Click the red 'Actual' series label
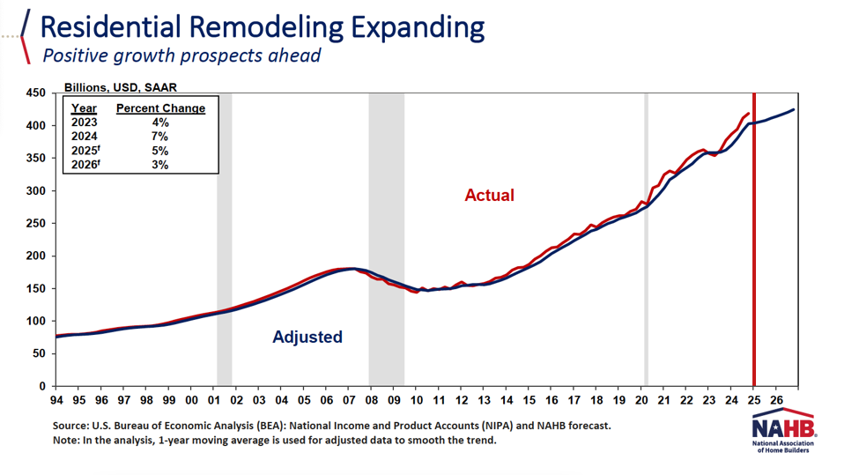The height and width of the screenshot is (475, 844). pyautogui.click(x=489, y=195)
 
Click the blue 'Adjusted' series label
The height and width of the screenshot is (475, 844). pyautogui.click(x=307, y=337)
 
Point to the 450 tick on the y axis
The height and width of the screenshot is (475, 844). pyautogui.click(x=35, y=93)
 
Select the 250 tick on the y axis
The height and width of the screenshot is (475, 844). pyautogui.click(x=35, y=223)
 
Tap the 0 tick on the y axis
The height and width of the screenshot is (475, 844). pyautogui.click(x=41, y=386)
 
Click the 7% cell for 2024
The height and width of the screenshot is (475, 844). pyautogui.click(x=159, y=137)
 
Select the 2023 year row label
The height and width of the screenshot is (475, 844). pyautogui.click(x=85, y=122)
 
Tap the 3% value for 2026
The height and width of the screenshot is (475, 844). pyautogui.click(x=159, y=165)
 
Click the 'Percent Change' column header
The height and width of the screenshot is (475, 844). pyautogui.click(x=160, y=108)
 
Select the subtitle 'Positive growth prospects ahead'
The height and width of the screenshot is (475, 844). pyautogui.click(x=181, y=56)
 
